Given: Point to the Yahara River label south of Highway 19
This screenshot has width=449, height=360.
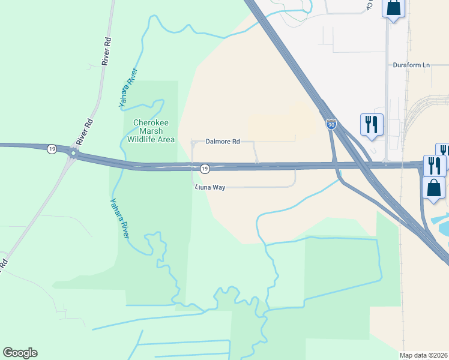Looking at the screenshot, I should pyautogui.click(x=120, y=218).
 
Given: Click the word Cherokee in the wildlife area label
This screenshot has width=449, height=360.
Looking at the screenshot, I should pyautogui.click(x=151, y=122).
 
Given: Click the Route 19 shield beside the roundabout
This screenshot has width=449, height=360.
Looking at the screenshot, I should pyautogui.click(x=53, y=149).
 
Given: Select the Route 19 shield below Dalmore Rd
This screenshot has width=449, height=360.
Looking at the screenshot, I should pyautogui.click(x=205, y=169).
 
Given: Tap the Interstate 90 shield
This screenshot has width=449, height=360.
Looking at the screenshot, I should pyautogui.click(x=331, y=124).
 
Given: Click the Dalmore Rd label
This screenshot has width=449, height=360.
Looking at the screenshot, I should pyautogui.click(x=223, y=142).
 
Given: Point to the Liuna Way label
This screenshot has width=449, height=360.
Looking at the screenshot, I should pyautogui.click(x=210, y=187).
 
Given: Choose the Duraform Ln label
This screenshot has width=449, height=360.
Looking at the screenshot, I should pyautogui.click(x=411, y=65).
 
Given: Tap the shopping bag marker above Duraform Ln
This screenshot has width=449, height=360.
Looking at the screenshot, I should pyautogui.click(x=393, y=9).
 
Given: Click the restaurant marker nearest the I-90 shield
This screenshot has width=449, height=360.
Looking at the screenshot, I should pyautogui.click(x=372, y=125).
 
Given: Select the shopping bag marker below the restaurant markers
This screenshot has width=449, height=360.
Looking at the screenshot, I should pyautogui.click(x=434, y=188).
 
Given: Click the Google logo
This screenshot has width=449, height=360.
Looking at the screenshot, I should pyautogui.click(x=20, y=353).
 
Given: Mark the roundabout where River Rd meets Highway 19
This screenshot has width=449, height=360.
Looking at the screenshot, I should pyautogui.click(x=73, y=154).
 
